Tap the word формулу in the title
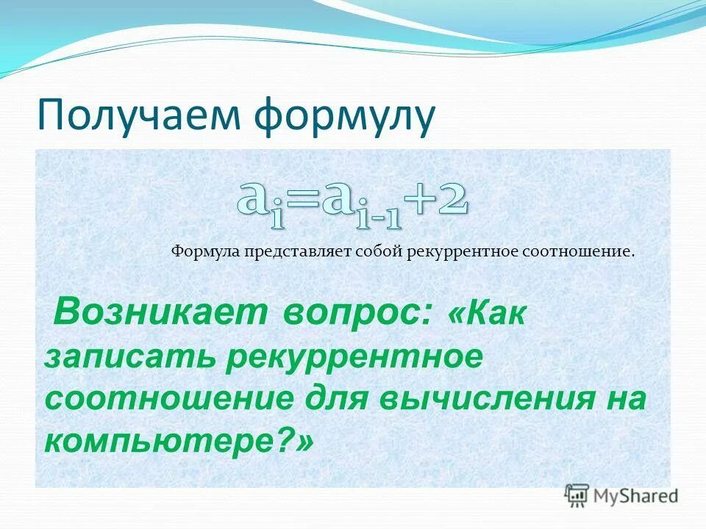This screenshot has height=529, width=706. (344, 115)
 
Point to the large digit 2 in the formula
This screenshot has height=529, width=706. (452, 198)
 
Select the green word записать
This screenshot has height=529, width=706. (129, 357)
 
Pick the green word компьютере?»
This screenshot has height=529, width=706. (178, 440)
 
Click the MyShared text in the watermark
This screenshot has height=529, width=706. (635, 496)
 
